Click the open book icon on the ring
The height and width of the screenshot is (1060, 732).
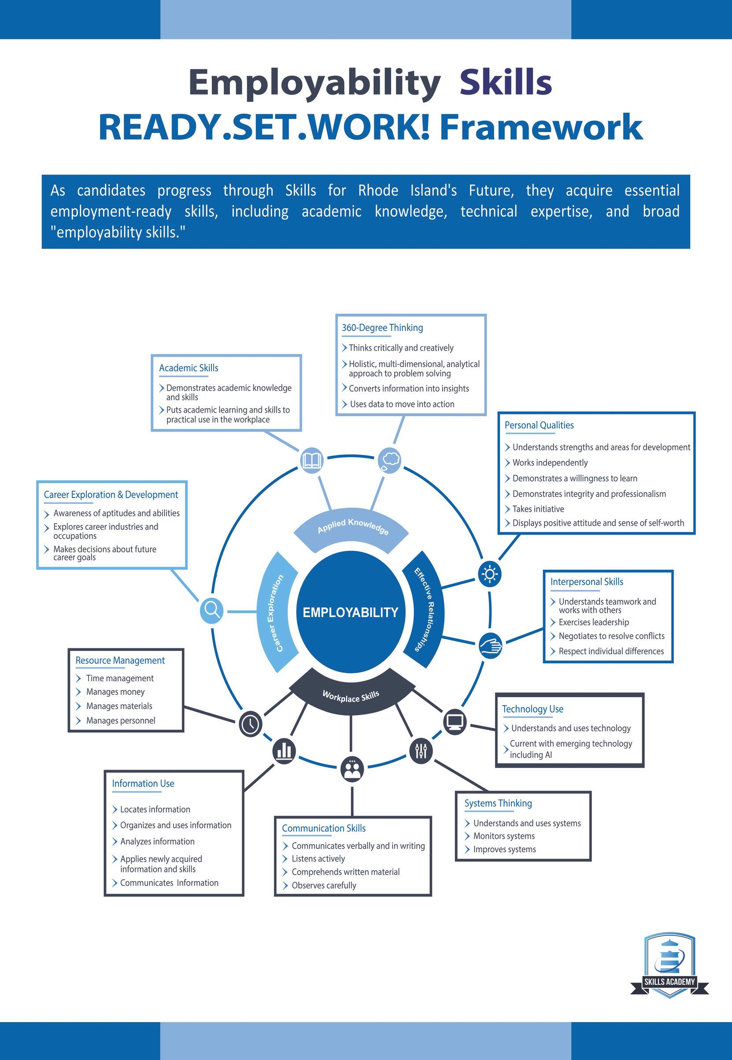click(312, 460)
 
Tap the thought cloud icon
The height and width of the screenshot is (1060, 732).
click(389, 459)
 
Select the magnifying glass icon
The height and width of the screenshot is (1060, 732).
click(212, 611)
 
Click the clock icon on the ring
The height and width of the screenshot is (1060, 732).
click(251, 724)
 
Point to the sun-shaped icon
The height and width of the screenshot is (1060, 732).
click(489, 574)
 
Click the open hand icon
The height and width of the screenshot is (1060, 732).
click(490, 646)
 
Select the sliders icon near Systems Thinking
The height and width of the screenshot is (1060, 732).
click(421, 751)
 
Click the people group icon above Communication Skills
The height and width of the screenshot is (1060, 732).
click(352, 769)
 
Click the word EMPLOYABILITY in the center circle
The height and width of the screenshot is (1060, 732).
click(351, 613)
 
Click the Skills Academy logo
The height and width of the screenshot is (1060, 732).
click(669, 967)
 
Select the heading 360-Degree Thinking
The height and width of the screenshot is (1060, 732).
click(382, 328)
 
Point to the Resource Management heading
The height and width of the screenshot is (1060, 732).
click(120, 660)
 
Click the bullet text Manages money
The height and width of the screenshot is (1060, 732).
click(115, 691)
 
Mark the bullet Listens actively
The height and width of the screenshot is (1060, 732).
click(318, 858)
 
